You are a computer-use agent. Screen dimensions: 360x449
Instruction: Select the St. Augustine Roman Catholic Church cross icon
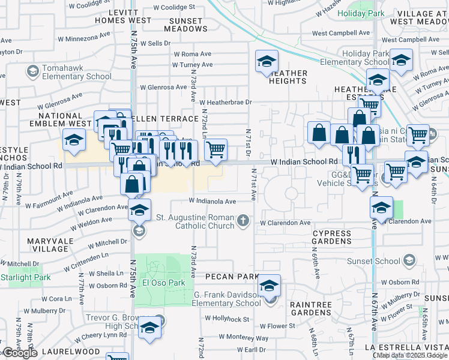(243, 221)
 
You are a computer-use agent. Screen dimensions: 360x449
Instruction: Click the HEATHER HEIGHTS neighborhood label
(288, 77)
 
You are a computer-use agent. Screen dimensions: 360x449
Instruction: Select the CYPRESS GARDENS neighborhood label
(331, 236)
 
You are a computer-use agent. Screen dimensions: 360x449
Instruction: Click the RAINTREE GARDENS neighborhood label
(310, 308)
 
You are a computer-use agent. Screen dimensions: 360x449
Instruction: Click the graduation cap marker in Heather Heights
(267, 61)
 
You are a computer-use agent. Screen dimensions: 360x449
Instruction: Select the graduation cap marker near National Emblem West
(74, 140)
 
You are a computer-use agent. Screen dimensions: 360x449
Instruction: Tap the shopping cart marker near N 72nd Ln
(216, 149)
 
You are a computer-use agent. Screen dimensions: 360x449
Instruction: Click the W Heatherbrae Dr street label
(225, 103)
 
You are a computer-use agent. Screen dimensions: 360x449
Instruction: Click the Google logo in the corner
(20, 353)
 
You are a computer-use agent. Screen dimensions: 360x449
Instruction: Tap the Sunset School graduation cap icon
(409, 260)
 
